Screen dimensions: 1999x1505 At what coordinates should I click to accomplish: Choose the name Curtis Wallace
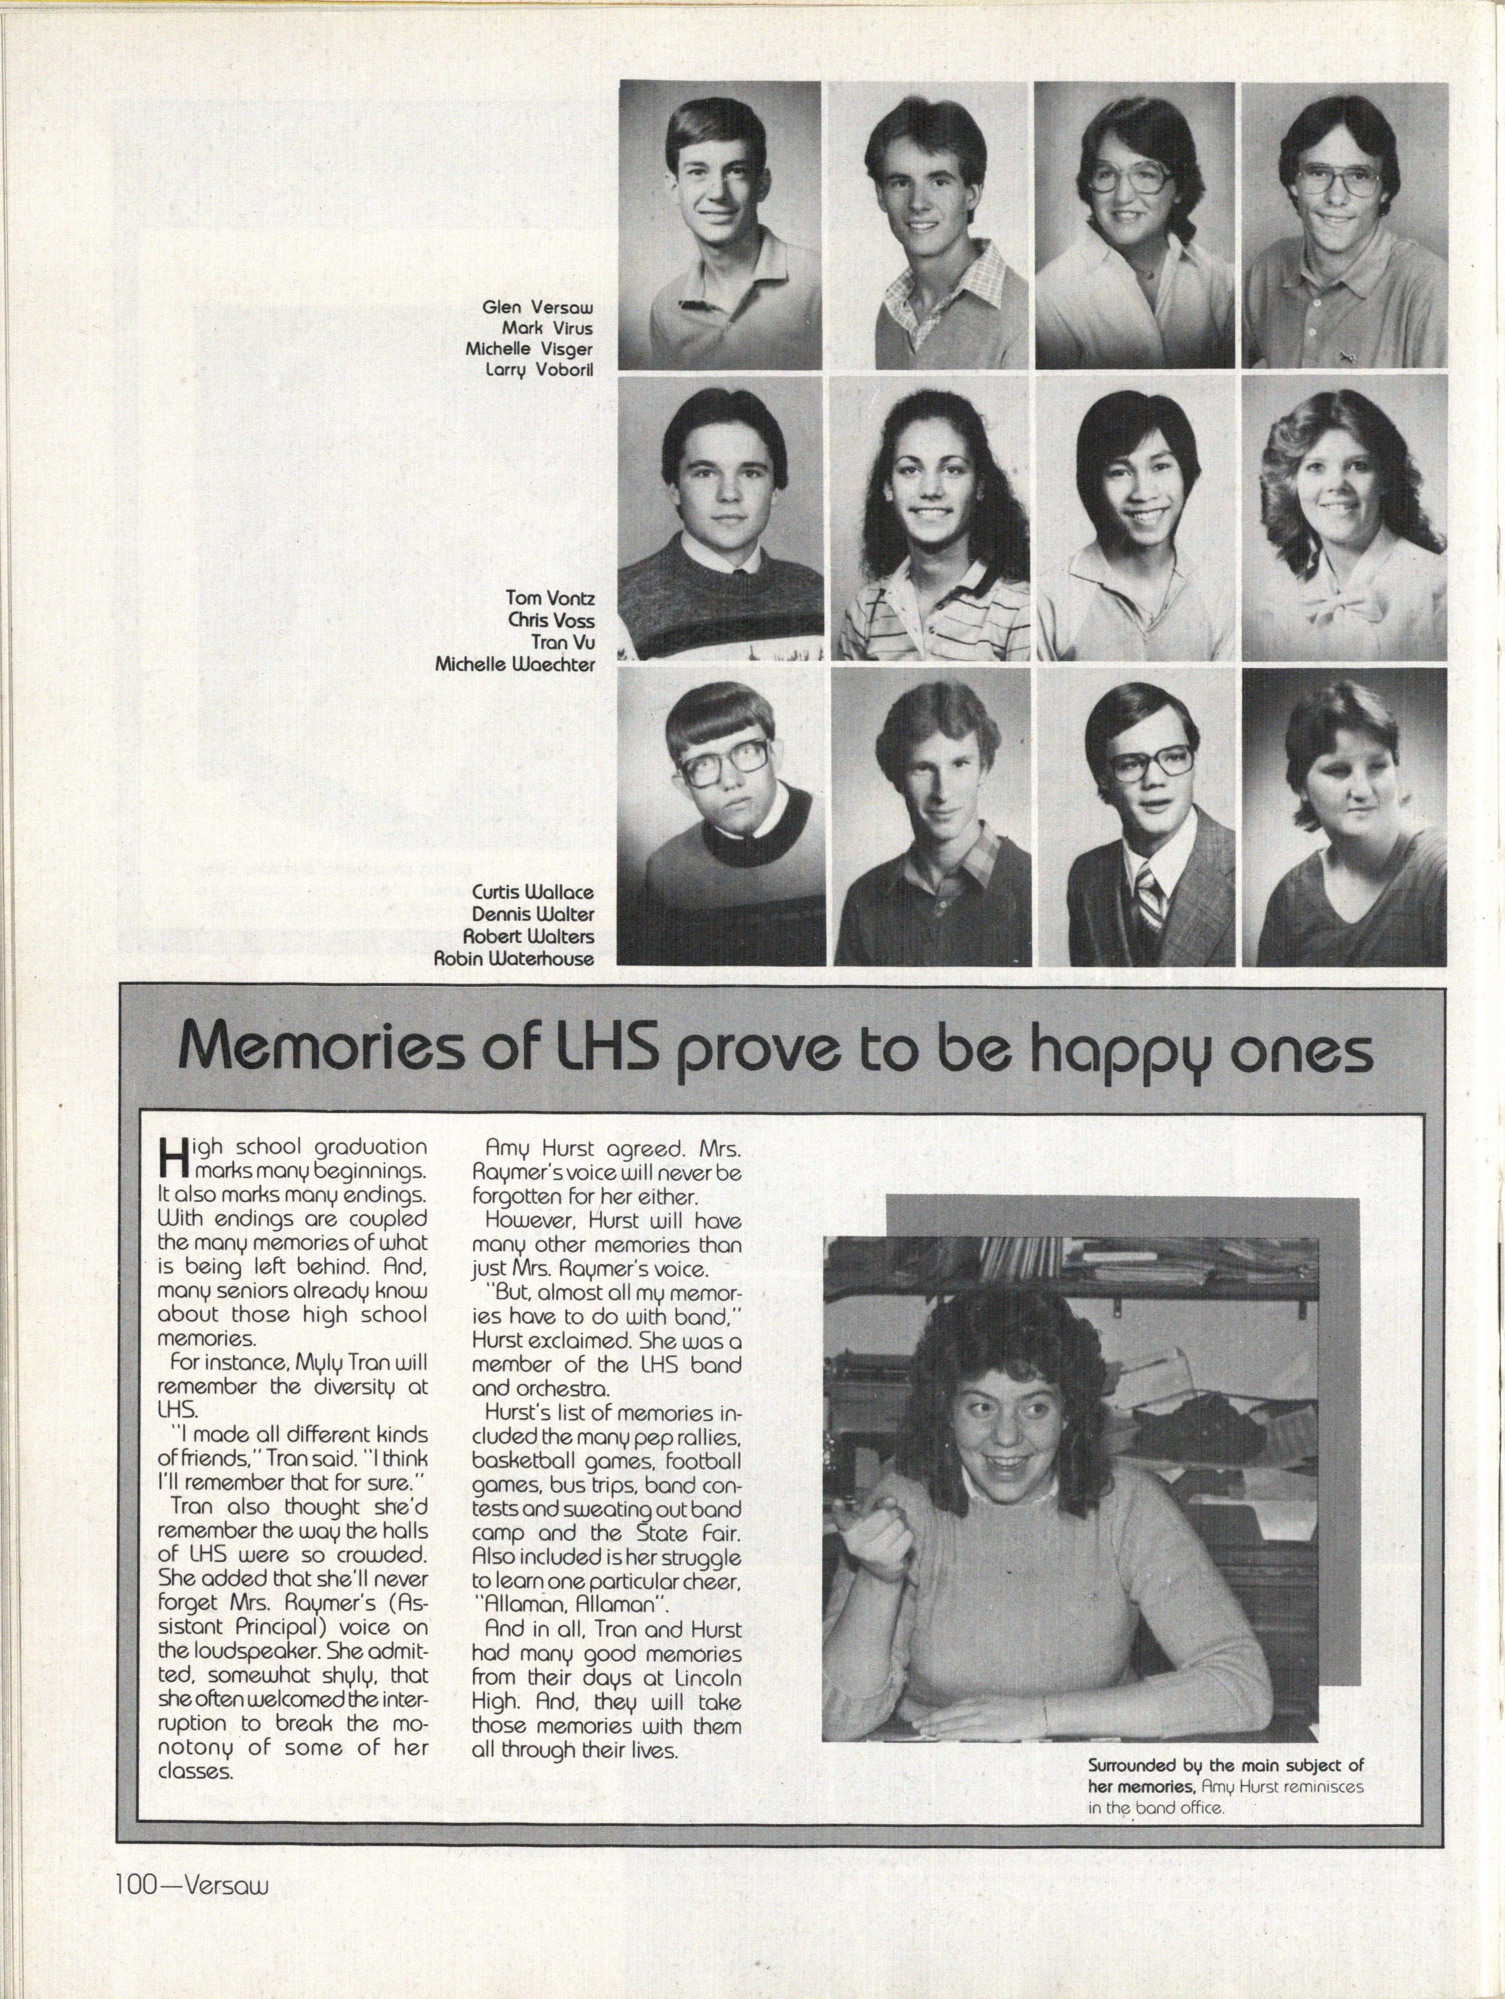click(x=533, y=893)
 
